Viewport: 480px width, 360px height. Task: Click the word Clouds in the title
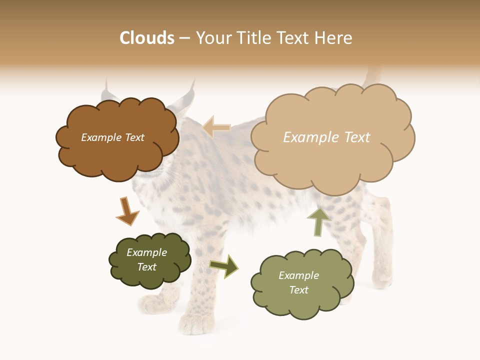[147, 38]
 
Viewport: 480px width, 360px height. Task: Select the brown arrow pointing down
[126, 211]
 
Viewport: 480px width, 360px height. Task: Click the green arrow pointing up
[318, 221]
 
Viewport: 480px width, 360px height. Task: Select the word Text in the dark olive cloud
[147, 267]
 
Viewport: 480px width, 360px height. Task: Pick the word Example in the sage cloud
[298, 275]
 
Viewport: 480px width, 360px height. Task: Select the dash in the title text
[184, 38]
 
